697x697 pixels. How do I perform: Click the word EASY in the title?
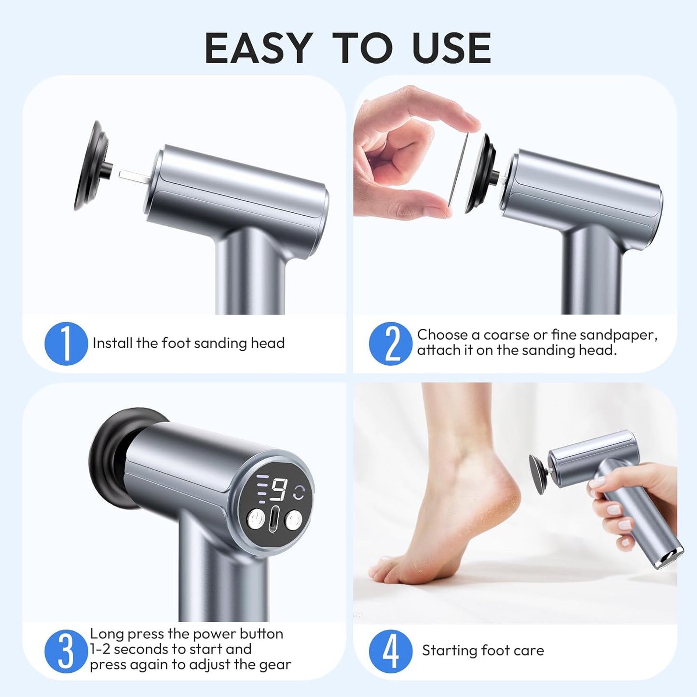(258, 48)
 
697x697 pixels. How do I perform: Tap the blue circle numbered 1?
(66, 343)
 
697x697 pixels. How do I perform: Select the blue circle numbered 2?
(391, 343)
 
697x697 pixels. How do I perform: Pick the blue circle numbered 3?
(66, 651)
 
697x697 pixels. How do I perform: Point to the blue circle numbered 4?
(391, 651)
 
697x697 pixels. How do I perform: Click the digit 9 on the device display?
(279, 491)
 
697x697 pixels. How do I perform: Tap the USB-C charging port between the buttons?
(275, 520)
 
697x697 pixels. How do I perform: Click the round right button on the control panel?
(293, 520)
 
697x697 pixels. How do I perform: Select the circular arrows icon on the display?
(300, 492)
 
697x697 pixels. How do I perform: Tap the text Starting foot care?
(483, 651)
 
